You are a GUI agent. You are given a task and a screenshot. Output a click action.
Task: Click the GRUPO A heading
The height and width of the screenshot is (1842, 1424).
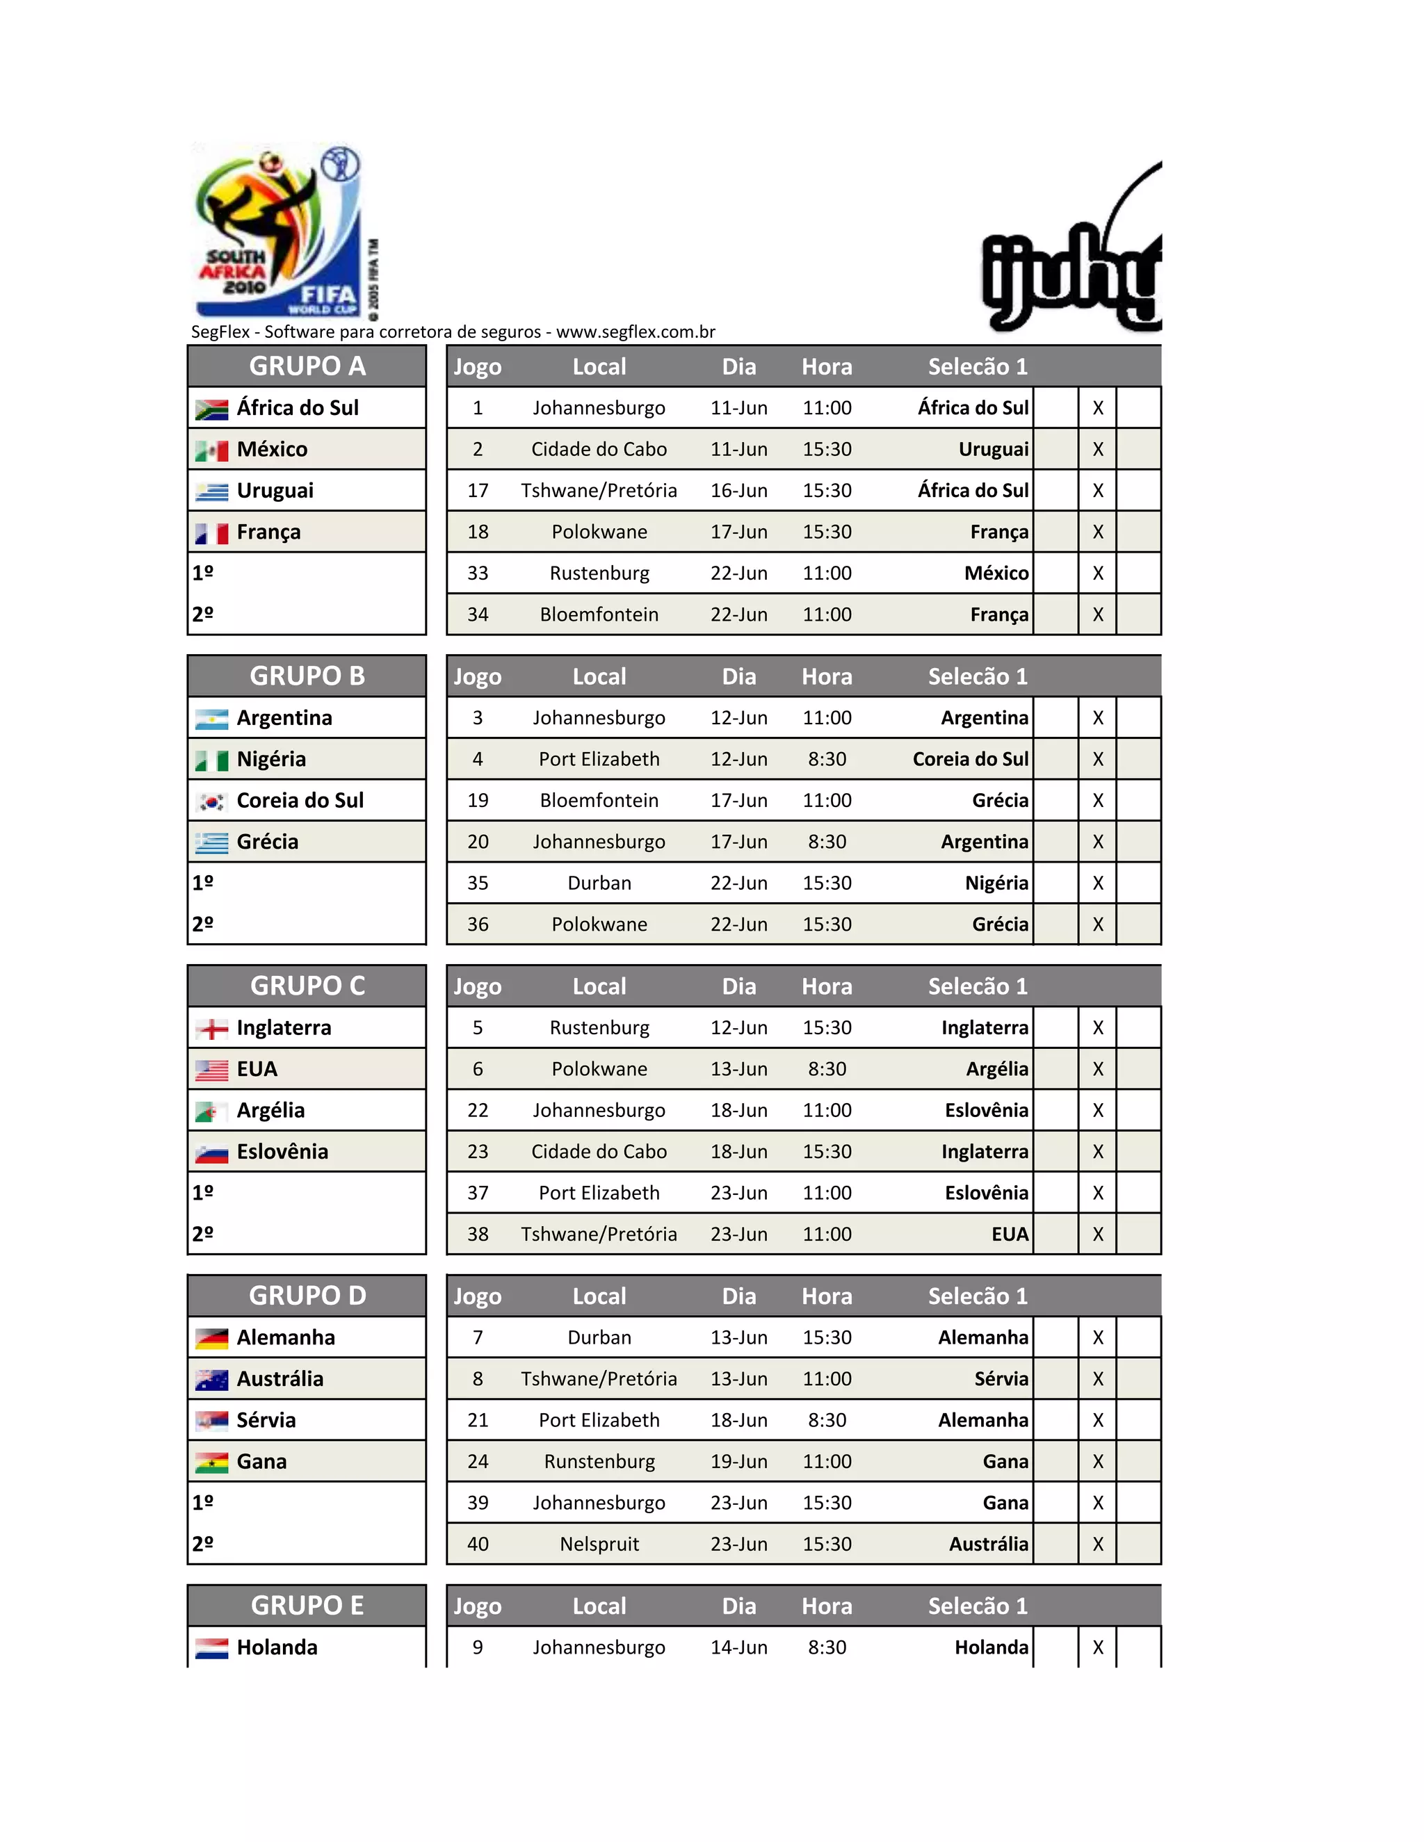[x=307, y=366]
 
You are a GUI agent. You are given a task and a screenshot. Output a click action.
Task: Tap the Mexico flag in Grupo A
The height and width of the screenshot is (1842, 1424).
[x=212, y=450]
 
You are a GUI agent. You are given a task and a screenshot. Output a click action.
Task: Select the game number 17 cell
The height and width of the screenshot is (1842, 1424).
[x=478, y=491]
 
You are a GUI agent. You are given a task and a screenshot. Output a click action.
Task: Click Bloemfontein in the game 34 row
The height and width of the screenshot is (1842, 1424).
[x=599, y=615]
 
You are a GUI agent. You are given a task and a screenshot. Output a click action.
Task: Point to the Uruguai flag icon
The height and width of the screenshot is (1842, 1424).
[x=212, y=491]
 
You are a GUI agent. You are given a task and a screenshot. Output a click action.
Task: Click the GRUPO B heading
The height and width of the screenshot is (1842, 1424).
[x=307, y=676]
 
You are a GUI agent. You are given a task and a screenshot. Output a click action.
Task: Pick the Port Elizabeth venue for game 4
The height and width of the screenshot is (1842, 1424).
[x=599, y=759]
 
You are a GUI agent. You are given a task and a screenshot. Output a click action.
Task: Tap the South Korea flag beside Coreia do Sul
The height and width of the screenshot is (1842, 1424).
[x=212, y=801]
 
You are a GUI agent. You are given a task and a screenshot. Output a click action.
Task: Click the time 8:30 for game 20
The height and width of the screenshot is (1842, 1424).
[x=827, y=842]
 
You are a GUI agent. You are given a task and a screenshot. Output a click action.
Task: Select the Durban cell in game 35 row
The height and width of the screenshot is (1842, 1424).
[x=599, y=883]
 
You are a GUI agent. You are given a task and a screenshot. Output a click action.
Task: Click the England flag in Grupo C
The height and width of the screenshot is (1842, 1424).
[x=212, y=1029]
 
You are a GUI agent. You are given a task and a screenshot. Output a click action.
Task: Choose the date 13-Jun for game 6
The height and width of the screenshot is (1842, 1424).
[x=739, y=1070]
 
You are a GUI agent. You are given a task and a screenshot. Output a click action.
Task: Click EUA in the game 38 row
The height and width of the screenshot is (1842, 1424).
[x=1010, y=1234]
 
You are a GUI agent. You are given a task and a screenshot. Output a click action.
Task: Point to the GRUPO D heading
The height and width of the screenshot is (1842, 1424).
[x=307, y=1296]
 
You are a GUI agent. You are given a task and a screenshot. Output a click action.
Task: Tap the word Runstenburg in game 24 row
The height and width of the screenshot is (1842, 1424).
[x=599, y=1462]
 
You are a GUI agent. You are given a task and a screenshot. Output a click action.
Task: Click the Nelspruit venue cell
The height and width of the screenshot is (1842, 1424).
[x=599, y=1544]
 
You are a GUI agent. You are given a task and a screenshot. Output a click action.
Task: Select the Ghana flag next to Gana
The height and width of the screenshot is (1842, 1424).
[x=212, y=1462]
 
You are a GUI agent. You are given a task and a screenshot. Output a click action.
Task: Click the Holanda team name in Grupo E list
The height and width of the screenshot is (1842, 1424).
[x=277, y=1647]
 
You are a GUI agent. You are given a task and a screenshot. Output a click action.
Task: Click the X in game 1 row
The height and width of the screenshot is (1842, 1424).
[x=1097, y=408]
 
